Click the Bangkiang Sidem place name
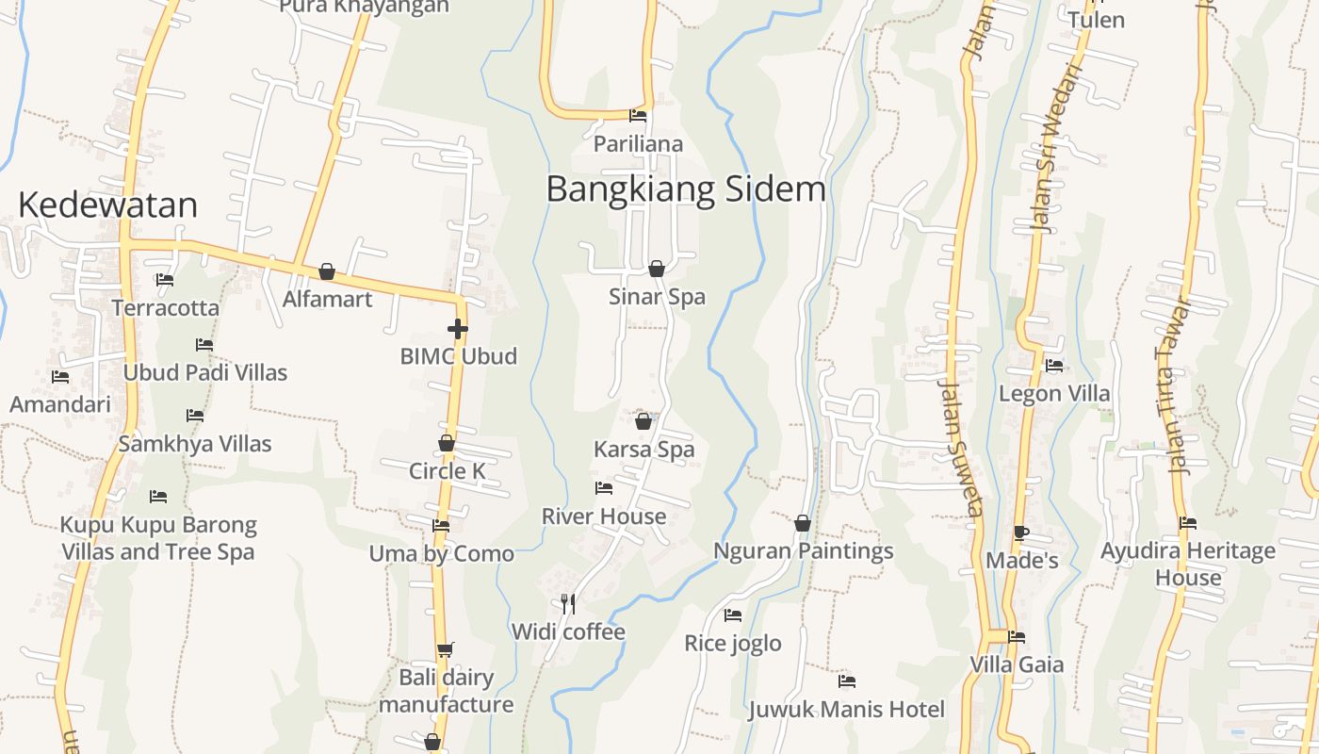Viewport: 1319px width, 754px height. click(686, 189)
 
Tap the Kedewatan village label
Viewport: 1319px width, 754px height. click(108, 205)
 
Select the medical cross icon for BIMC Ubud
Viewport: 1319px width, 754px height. click(458, 329)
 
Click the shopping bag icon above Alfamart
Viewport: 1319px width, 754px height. click(327, 271)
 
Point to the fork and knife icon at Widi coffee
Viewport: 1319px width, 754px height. click(568, 603)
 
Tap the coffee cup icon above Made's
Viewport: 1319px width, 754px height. click(1020, 533)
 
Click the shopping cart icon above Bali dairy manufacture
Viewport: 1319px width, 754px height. click(446, 648)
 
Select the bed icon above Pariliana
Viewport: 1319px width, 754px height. click(638, 116)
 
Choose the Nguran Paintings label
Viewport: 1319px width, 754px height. click(803, 550)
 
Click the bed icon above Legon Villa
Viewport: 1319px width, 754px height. click(1054, 366)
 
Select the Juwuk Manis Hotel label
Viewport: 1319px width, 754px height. click(846, 709)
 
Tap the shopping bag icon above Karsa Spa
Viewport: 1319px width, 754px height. click(643, 421)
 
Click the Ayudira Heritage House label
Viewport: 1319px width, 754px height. click(1187, 564)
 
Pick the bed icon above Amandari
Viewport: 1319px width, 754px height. click(60, 377)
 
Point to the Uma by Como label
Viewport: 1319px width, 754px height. click(441, 553)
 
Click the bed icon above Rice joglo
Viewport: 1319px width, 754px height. click(732, 615)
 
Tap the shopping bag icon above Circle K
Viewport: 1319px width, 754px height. click(447, 443)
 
